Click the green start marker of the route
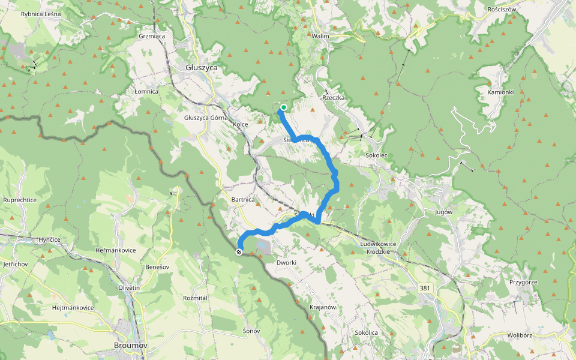[283, 108]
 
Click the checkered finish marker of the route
[239, 252]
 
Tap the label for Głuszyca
[201, 68]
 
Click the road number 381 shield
[425, 289]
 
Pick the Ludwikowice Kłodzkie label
[379, 248]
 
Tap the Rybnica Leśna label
[40, 14]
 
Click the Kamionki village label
[500, 92]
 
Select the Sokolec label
[377, 155]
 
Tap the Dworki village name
[287, 262]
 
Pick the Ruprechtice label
[20, 200]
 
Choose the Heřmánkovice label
[116, 250]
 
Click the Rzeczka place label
[333, 97]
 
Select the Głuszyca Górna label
[206, 118]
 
